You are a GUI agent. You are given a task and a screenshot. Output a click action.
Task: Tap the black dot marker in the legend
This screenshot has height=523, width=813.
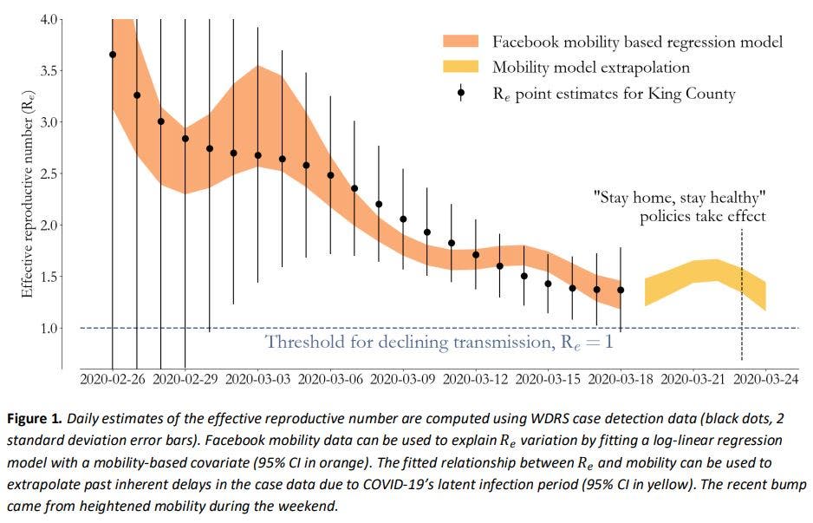tap(462, 92)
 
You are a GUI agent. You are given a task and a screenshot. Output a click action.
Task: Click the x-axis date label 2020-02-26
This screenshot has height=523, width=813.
tap(112, 379)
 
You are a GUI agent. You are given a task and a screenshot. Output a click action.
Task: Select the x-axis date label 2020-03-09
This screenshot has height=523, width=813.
tap(403, 379)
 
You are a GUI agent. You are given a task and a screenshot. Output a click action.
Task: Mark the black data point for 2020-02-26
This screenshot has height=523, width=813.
tap(113, 55)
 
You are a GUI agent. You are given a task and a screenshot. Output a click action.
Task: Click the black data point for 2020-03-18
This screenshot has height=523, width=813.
tap(621, 290)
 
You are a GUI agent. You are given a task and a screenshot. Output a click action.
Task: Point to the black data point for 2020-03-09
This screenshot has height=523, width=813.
tap(403, 219)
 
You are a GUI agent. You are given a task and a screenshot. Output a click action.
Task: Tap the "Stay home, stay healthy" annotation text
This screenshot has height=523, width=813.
tap(681, 197)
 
